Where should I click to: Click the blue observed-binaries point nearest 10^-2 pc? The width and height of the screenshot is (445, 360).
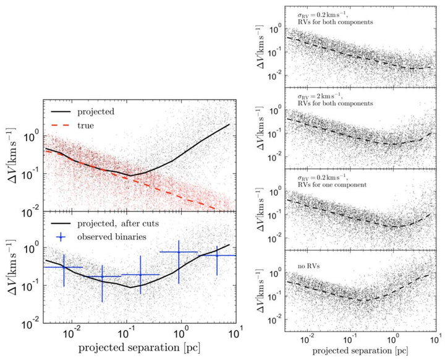point(63,267)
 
